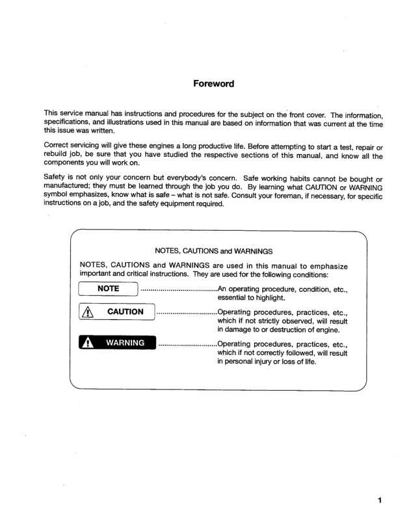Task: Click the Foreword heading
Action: (x=213, y=84)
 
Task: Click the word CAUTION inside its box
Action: (x=126, y=312)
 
